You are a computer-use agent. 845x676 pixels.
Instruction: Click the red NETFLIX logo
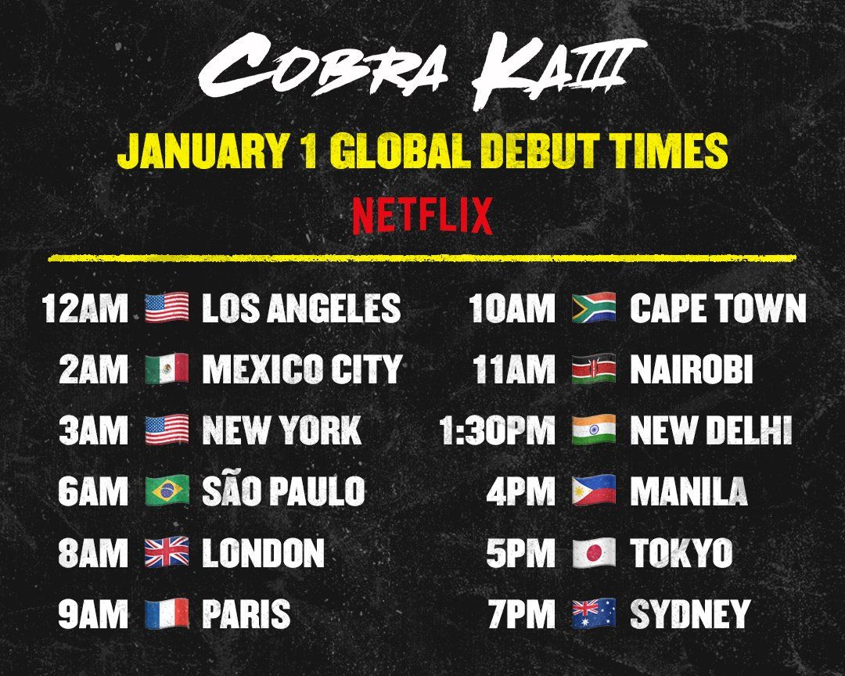pos(422,215)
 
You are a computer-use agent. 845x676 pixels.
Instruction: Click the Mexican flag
pos(167,369)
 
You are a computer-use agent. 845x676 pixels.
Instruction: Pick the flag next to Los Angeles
pos(167,307)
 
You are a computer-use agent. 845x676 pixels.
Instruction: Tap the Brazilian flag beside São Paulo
pos(167,491)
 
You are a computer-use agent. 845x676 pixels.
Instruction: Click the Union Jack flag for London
pos(167,552)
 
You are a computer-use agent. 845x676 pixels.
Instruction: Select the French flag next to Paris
pos(167,613)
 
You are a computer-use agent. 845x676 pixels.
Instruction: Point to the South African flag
pos(594,307)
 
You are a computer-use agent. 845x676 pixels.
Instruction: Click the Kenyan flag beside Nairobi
pos(594,369)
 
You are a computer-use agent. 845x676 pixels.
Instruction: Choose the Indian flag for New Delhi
pos(594,430)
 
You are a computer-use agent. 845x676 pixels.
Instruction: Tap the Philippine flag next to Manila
pos(594,491)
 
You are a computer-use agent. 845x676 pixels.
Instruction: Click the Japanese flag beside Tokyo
pos(594,552)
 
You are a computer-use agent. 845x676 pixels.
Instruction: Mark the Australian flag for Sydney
pos(594,613)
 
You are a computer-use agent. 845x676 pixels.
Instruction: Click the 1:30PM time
pos(497,430)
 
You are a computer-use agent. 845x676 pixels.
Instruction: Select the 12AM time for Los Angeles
pos(85,308)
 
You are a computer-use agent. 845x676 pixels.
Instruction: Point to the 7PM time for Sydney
pos(521,614)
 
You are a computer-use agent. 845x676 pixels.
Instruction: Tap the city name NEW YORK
pos(282,430)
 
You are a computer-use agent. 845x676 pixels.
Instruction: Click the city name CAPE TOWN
pos(718,308)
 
